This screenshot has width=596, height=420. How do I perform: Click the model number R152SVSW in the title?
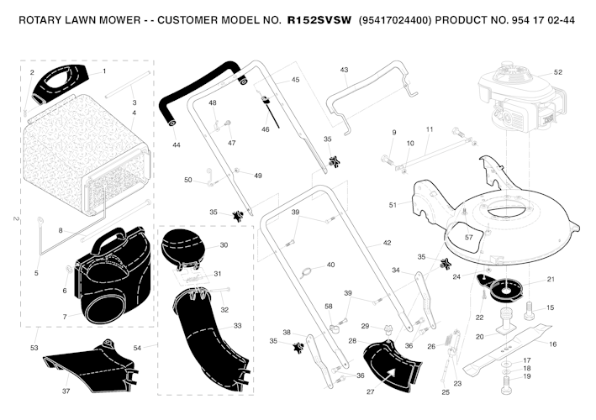point(319,20)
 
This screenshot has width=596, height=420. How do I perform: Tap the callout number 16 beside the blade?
point(552,344)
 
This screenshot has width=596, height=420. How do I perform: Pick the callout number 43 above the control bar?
point(344,70)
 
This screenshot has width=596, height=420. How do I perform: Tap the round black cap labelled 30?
point(183,245)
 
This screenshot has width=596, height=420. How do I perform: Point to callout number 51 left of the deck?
point(393,205)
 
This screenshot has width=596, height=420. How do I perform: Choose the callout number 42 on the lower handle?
point(387,243)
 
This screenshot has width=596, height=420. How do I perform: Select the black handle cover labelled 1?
point(61,84)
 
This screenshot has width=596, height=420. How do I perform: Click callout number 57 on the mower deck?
point(469,238)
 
